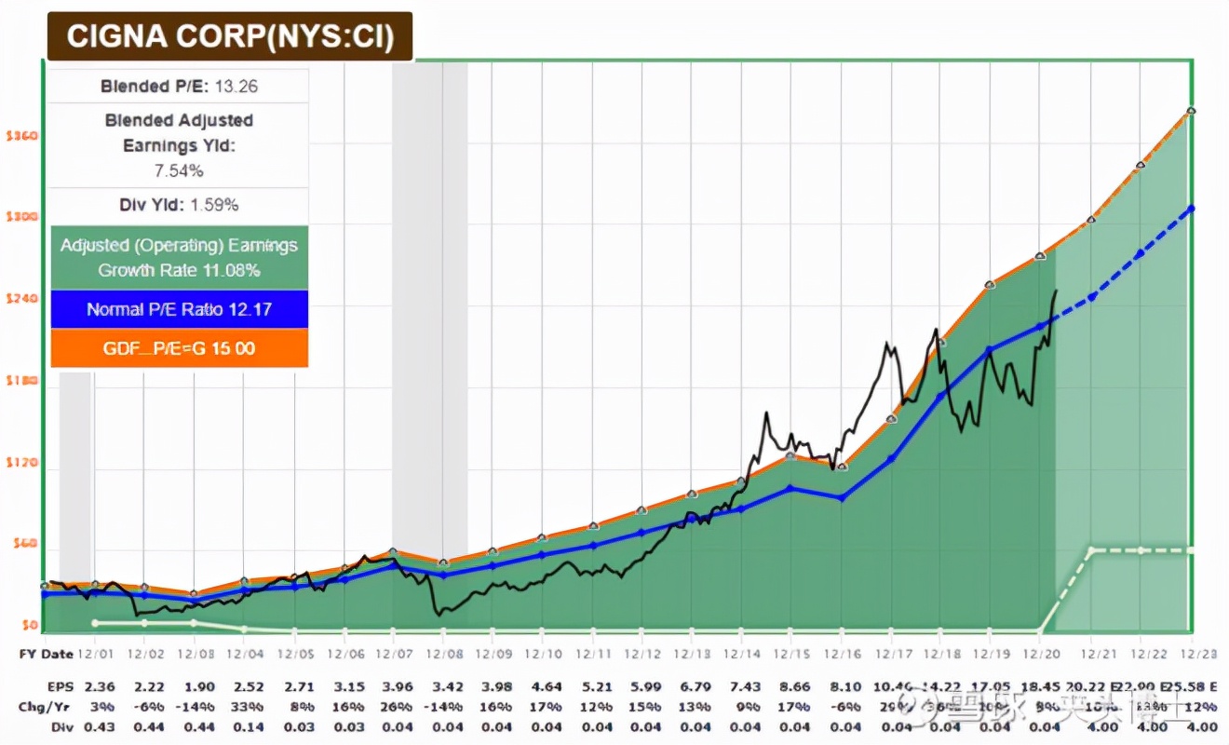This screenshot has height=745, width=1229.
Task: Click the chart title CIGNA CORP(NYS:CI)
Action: coord(229,36)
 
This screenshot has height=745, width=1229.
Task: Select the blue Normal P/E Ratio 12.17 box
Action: coord(179,309)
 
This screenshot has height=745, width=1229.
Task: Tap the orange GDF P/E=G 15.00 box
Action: coord(179,348)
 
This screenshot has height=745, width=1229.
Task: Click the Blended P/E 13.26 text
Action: coord(179,87)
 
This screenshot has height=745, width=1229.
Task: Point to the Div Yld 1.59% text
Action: coord(179,205)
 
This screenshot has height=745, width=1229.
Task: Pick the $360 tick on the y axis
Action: coord(20,136)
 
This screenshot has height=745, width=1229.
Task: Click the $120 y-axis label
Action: coord(20,463)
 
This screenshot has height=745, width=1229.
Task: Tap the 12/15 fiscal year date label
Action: coord(790,654)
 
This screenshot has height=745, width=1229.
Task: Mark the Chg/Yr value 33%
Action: coord(243,707)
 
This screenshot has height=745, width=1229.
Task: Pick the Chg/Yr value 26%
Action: coord(394,707)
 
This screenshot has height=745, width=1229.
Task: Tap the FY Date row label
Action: coord(45,654)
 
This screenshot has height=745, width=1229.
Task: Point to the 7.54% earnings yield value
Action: coord(179,170)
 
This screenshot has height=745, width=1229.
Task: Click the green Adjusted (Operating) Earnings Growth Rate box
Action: coord(179,258)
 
